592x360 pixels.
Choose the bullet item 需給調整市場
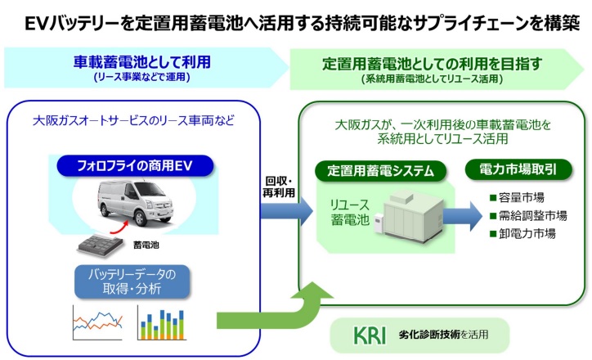527,216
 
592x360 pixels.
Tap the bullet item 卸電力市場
522,234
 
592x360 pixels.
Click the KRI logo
370,335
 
